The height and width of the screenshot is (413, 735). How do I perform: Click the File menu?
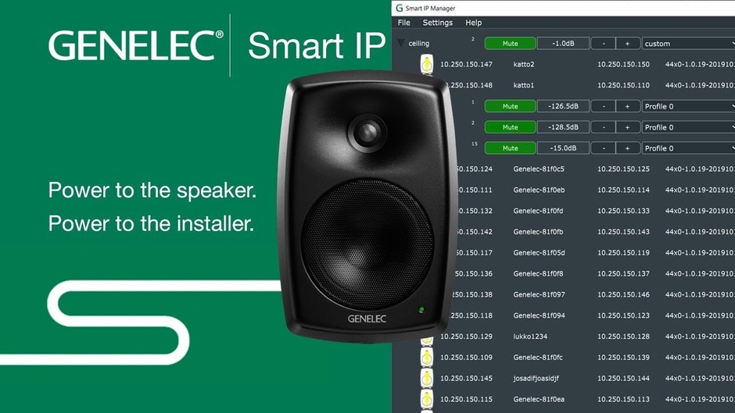coord(403,23)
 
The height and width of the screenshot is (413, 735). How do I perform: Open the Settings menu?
coord(437,23)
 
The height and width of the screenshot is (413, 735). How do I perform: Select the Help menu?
coord(473,23)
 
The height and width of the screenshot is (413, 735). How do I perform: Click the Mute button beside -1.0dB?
coord(510,44)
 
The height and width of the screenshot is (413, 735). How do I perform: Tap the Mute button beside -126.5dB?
coord(510,106)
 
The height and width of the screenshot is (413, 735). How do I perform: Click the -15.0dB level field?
coord(562,148)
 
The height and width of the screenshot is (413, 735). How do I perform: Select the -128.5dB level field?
coord(562,127)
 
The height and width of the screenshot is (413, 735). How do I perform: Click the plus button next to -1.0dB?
coord(627,44)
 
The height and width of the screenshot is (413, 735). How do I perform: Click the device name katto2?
coord(524,65)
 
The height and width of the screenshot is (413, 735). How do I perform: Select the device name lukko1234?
coord(529,336)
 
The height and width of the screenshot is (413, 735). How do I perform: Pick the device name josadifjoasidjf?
coord(536,379)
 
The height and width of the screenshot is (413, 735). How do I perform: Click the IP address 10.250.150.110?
coord(623,86)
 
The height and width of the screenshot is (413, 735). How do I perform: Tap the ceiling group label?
coord(418,44)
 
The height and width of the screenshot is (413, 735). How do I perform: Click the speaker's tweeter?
coord(364,130)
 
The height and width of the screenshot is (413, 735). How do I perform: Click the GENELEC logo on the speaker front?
coord(365,319)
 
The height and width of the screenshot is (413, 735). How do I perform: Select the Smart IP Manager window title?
coord(430,8)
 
